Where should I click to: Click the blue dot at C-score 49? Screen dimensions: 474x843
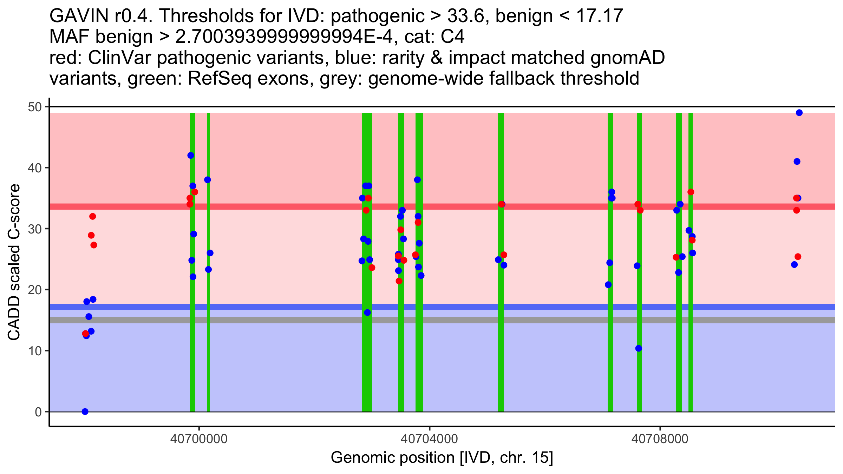(x=799, y=113)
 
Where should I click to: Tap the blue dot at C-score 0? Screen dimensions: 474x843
(x=85, y=412)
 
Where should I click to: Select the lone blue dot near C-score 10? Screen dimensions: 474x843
(x=639, y=348)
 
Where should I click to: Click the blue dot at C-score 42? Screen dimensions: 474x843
(x=191, y=156)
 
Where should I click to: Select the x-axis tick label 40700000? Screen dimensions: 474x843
(x=199, y=439)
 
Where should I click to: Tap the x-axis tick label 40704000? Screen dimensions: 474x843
(x=429, y=439)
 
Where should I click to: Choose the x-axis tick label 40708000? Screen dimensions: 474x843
(x=660, y=439)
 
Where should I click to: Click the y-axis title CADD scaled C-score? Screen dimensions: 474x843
(x=14, y=262)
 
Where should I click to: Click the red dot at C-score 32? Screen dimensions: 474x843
(x=92, y=216)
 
